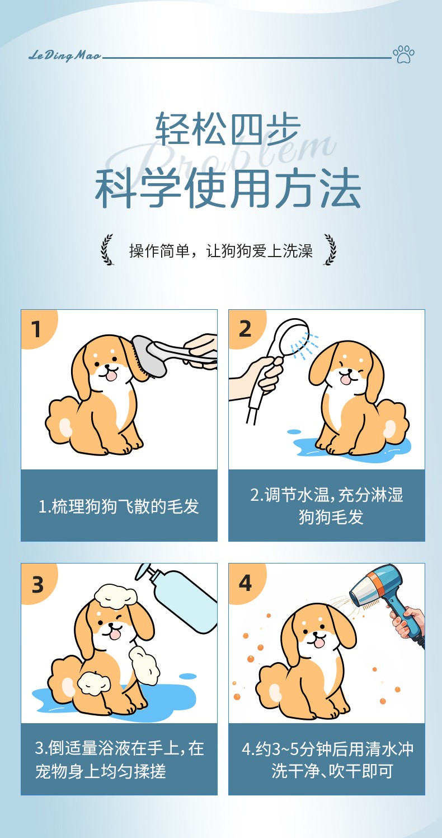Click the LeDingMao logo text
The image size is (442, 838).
65,56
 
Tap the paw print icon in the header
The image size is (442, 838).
403,54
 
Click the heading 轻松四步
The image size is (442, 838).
228,128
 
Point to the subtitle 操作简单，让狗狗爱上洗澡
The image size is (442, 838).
221,250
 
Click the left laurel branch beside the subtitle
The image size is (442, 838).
107,249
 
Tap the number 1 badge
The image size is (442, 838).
36,329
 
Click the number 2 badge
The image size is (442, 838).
245,329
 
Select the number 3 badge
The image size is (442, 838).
37,584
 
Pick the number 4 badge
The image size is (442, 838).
245,584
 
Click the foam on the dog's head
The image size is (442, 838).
116,595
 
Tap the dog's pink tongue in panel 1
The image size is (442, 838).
111,376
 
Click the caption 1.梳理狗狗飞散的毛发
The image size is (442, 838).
119,506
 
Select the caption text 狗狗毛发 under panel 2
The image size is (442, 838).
331,517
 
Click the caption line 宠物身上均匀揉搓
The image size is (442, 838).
101,771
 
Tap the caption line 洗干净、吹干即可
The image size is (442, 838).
332,771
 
